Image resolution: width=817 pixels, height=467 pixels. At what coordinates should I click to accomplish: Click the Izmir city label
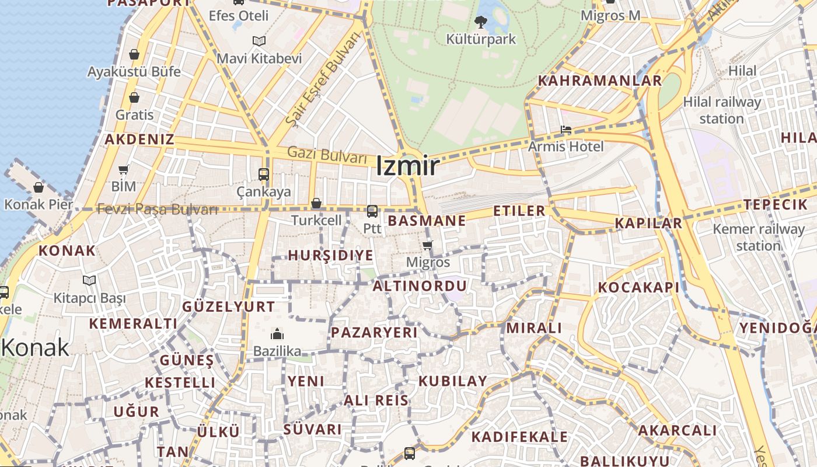click(407, 167)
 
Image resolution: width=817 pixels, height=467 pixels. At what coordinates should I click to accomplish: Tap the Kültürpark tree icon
click(481, 23)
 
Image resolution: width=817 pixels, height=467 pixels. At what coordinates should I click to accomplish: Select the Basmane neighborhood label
click(427, 221)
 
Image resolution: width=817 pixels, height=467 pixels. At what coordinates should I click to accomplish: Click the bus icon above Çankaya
click(264, 174)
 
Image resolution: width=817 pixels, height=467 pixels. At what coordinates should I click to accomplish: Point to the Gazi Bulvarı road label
click(327, 155)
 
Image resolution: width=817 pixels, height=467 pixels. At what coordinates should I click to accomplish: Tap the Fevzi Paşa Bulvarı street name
click(158, 209)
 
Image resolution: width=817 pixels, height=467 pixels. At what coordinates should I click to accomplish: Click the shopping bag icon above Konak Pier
click(39, 188)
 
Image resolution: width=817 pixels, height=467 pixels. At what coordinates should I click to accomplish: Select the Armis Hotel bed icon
click(565, 130)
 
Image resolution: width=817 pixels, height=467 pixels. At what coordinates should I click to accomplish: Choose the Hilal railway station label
click(722, 110)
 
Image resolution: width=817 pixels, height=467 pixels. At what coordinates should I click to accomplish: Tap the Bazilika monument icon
click(277, 334)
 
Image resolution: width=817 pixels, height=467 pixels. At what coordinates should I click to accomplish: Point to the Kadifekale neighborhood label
click(519, 437)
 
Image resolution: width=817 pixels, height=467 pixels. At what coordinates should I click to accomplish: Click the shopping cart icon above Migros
click(428, 245)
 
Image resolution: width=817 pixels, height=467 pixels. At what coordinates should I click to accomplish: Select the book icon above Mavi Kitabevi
click(259, 41)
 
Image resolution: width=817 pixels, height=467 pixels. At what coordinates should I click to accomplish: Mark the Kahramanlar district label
click(600, 81)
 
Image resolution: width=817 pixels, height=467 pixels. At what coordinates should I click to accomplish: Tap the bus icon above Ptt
click(372, 211)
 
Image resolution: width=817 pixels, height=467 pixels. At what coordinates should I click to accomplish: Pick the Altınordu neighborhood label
click(420, 286)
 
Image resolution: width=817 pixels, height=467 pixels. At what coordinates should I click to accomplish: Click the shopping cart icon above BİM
click(124, 170)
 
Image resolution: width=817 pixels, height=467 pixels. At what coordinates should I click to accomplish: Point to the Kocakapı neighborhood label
click(638, 287)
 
